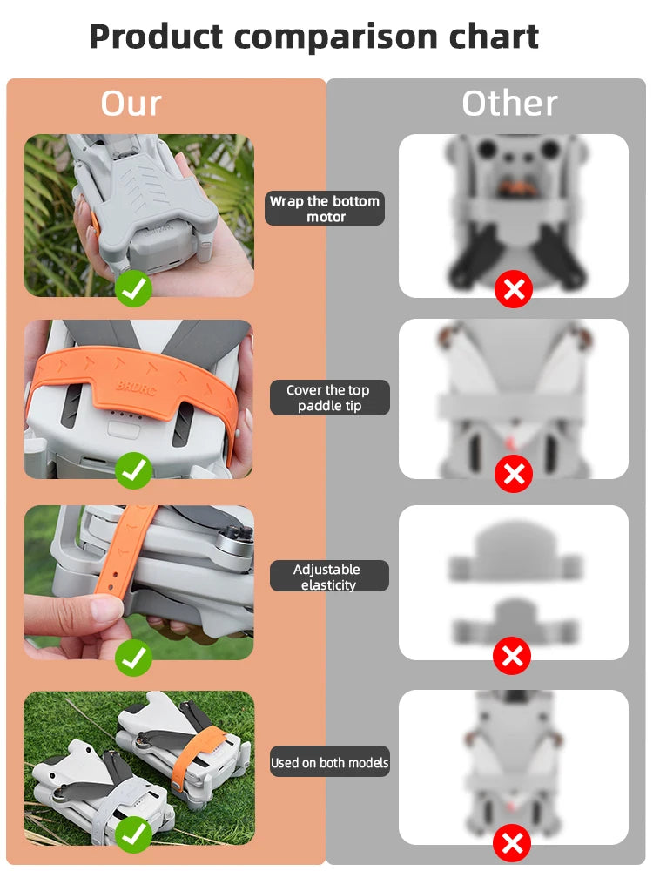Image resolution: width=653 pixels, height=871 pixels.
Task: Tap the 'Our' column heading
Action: tap(131, 103)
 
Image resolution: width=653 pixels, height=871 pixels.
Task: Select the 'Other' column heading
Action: tap(509, 104)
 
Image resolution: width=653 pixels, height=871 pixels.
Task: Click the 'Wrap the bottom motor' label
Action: tap(325, 208)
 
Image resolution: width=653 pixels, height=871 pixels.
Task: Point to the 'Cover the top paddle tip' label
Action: tap(329, 398)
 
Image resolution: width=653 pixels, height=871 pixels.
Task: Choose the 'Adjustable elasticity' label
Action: tap(329, 576)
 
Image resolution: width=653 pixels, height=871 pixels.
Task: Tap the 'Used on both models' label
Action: tap(329, 762)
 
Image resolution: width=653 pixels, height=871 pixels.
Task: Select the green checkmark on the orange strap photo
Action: tap(134, 470)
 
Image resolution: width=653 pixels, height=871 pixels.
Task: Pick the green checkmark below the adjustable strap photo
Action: tap(133, 658)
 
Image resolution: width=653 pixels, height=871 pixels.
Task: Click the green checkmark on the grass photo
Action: tap(133, 834)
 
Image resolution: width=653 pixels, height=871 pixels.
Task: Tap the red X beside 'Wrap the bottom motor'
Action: tap(514, 289)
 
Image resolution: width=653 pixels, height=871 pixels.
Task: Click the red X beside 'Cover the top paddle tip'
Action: tap(514, 474)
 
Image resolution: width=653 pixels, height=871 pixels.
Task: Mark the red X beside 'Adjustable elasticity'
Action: tap(512, 656)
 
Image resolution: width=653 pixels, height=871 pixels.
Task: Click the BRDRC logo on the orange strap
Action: tap(136, 388)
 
